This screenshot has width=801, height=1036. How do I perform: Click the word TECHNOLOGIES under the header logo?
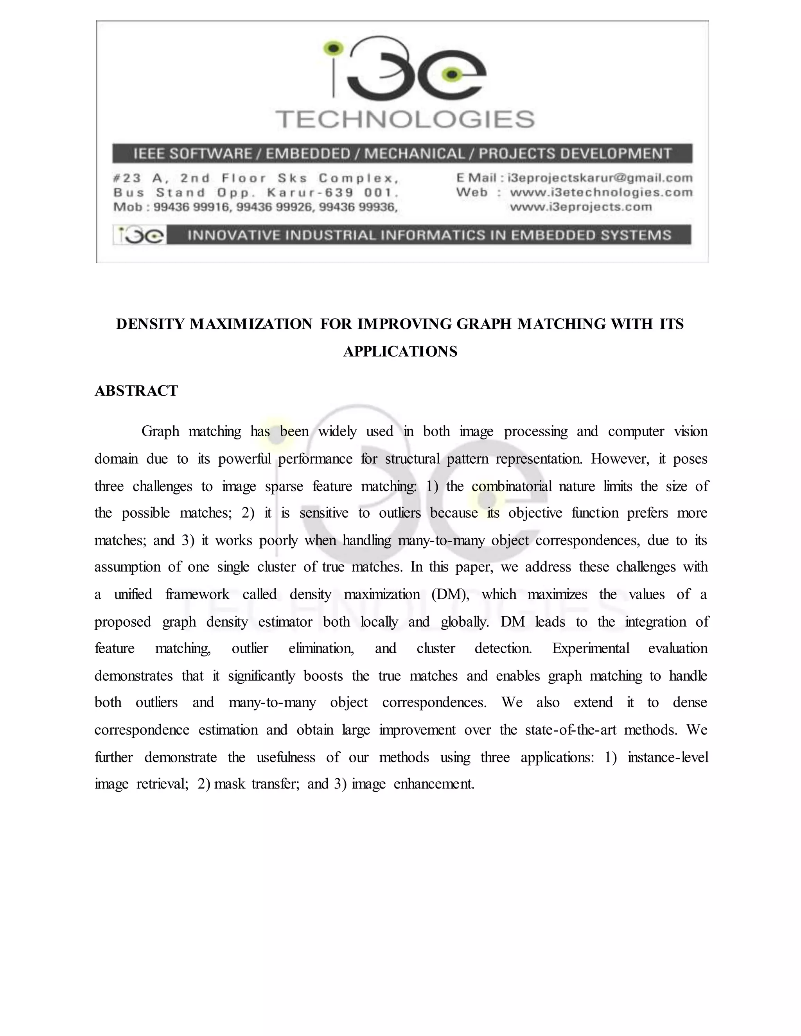pyautogui.click(x=405, y=120)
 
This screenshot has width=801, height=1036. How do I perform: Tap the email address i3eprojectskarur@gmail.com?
pyautogui.click(x=600, y=178)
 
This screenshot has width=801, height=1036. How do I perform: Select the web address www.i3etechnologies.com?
pyautogui.click(x=601, y=193)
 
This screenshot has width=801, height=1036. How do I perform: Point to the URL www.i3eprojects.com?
pyautogui.click(x=581, y=207)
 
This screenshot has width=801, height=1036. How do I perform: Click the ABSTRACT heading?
pyautogui.click(x=136, y=391)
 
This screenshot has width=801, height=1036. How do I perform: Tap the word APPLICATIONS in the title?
pyautogui.click(x=400, y=351)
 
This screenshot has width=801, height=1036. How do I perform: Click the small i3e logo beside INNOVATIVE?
pyautogui.click(x=140, y=235)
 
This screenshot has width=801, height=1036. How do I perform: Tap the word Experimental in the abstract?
pyautogui.click(x=590, y=649)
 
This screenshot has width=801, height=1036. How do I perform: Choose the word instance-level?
pyautogui.click(x=668, y=757)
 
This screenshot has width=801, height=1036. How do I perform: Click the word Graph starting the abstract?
pyautogui.click(x=160, y=431)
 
